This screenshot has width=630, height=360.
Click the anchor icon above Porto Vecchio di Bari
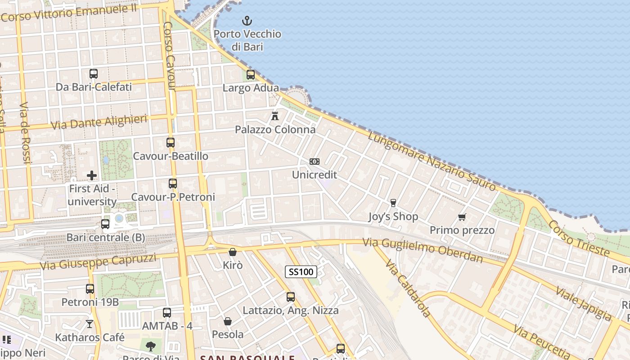(x=247, y=21)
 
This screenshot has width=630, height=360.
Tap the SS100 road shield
(x=301, y=272)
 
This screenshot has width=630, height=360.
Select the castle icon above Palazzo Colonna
(x=275, y=116)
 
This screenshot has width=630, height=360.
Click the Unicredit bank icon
(x=315, y=162)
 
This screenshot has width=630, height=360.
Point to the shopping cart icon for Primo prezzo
(x=462, y=217)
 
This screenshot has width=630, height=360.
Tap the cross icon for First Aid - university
(x=92, y=175)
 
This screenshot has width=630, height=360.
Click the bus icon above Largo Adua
(x=251, y=75)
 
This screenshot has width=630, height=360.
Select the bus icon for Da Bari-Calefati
(x=94, y=74)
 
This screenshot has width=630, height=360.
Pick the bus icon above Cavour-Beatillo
(x=171, y=143)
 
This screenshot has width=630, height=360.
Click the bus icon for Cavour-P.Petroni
(x=173, y=184)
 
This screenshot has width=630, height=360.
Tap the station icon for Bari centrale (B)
(x=105, y=224)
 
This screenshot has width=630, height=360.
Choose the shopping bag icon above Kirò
(x=233, y=252)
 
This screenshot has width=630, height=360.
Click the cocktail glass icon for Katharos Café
(x=90, y=324)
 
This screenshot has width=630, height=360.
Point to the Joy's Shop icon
(x=393, y=203)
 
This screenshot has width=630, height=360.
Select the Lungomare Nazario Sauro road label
(x=432, y=161)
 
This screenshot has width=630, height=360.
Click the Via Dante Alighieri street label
(x=99, y=122)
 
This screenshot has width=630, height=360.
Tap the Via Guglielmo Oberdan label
(x=423, y=251)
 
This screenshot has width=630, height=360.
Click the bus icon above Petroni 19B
(x=90, y=289)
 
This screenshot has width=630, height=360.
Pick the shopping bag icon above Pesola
(x=228, y=321)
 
